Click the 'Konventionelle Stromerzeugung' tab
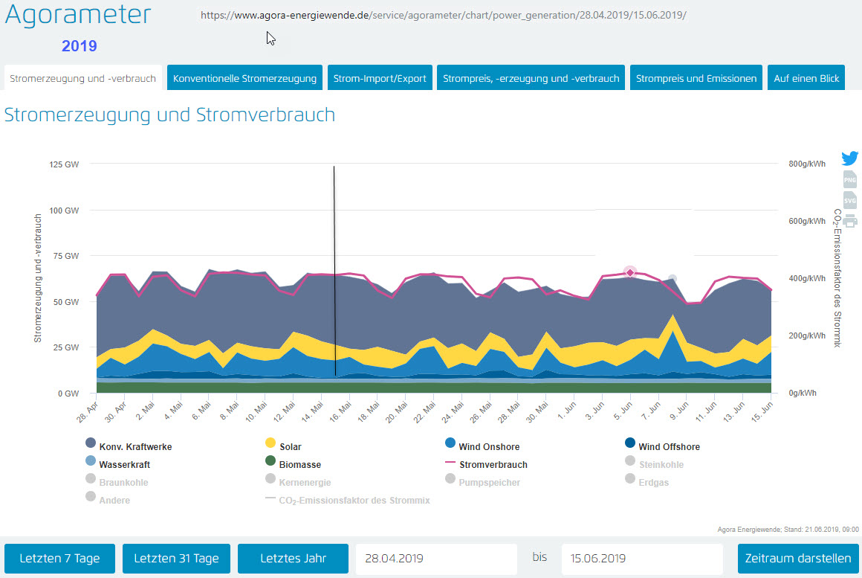coord(244,78)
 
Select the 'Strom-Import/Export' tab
coord(380,78)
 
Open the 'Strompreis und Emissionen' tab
coord(696,78)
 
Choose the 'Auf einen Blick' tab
coord(806,78)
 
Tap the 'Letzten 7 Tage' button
coord(59,559)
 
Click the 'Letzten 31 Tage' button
coord(176,559)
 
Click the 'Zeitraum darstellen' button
coord(798,559)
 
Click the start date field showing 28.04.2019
coord(436,559)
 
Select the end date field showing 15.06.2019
coord(642,559)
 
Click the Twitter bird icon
coord(850,158)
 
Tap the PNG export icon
coord(850,179)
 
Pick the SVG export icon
coord(850,200)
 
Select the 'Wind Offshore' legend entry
coord(669,446)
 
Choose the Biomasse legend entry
coord(299,464)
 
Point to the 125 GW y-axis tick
coord(64,164)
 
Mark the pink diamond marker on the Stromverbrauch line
coord(630,272)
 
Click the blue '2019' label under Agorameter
coord(80,46)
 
